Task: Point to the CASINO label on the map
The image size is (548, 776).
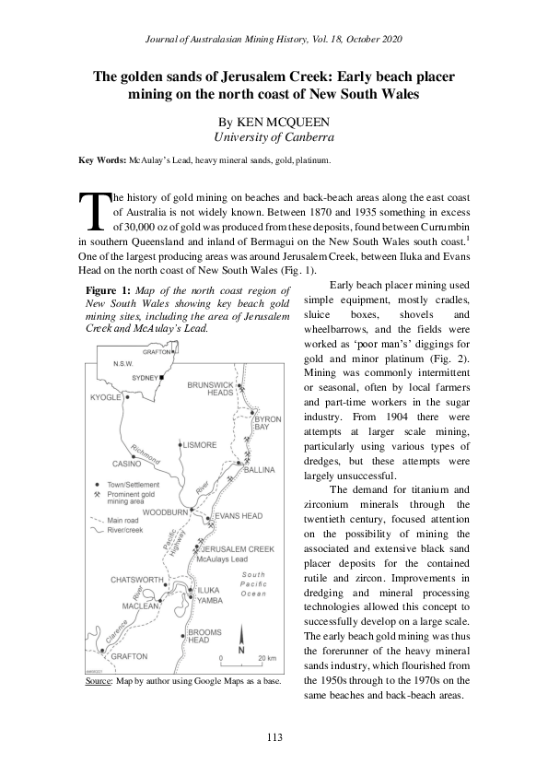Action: point(126,464)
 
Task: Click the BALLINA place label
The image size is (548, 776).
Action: point(259,470)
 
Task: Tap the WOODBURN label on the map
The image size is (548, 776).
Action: point(166,511)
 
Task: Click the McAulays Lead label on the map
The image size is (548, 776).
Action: point(221,559)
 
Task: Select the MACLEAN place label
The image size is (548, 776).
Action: point(141,606)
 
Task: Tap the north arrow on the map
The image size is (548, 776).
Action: point(241,641)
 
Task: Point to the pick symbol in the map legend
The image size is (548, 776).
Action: point(98,493)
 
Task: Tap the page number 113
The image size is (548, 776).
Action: point(274,735)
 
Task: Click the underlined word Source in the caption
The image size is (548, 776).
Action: point(98,681)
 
